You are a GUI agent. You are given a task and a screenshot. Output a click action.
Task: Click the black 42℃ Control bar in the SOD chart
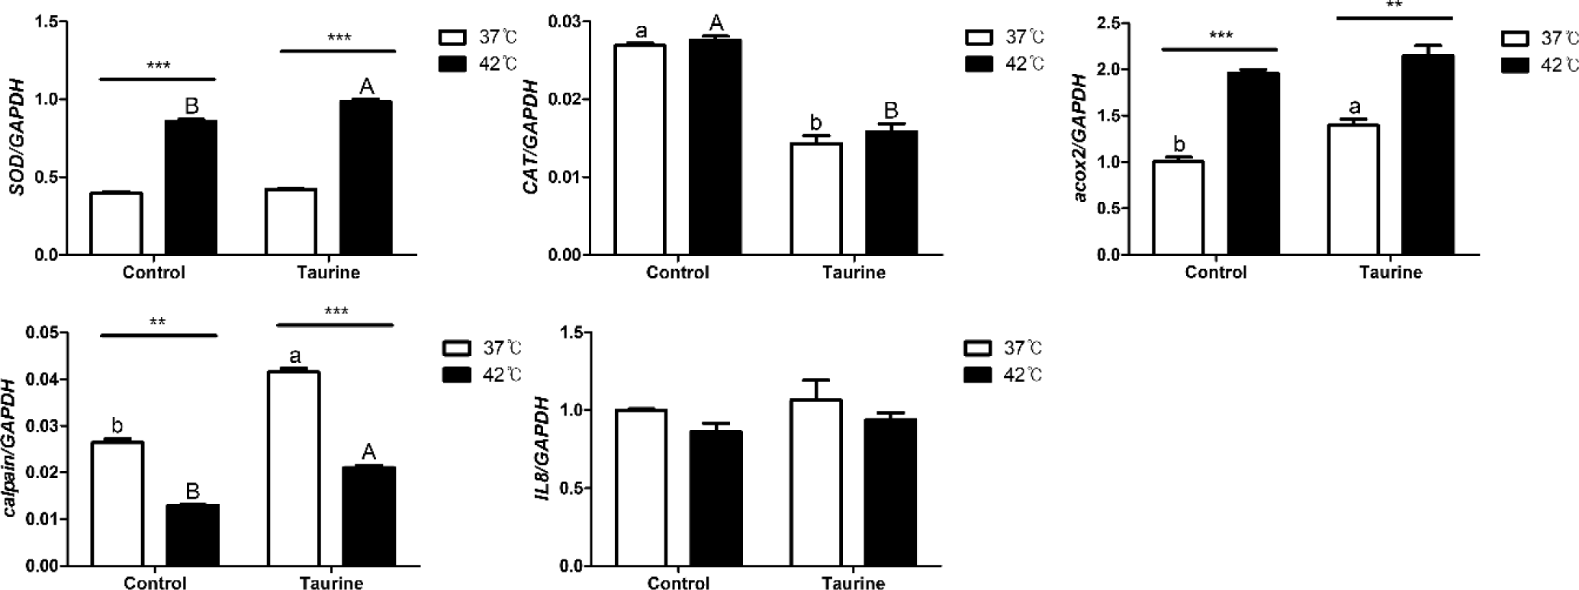(191, 188)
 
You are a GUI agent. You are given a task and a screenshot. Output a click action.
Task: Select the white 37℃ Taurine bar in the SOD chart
(291, 222)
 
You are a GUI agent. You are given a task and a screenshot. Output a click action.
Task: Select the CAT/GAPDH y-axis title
(532, 138)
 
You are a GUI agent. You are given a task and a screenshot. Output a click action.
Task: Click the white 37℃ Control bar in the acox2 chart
(1179, 207)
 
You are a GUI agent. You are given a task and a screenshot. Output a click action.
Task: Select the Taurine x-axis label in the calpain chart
(331, 583)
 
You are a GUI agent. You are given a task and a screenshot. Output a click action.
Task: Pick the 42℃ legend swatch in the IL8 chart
(978, 375)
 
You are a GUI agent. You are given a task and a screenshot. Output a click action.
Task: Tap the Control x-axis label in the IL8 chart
(678, 583)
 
